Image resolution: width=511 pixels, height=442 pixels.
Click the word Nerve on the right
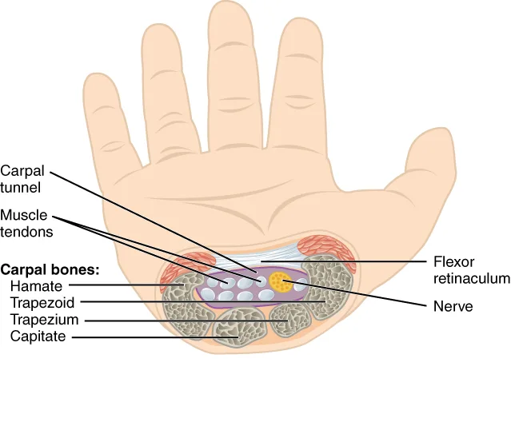pyautogui.click(x=453, y=306)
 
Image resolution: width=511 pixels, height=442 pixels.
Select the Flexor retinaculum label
pyautogui.click(x=470, y=270)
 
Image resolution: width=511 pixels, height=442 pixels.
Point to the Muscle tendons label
pyautogui.click(x=26, y=224)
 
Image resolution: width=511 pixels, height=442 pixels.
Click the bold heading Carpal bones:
pyautogui.click(x=50, y=269)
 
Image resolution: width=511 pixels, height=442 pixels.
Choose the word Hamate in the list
pyautogui.click(x=33, y=285)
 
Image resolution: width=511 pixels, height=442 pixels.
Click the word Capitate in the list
pyautogui.click(x=38, y=336)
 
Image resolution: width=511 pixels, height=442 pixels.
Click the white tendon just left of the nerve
pyautogui.click(x=259, y=284)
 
